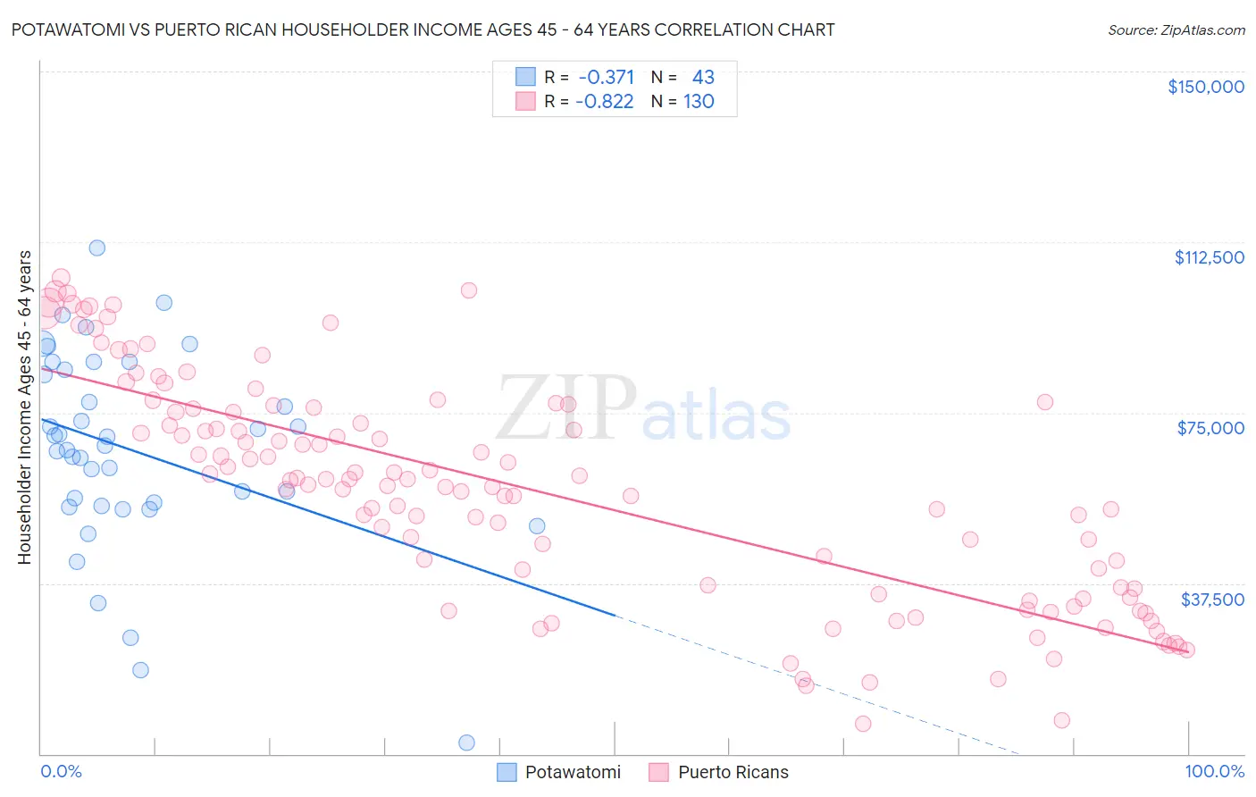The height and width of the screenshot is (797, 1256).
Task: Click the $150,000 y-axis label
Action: pyautogui.click(x=1205, y=87)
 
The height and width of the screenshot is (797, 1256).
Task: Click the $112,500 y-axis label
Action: pyautogui.click(x=1209, y=257)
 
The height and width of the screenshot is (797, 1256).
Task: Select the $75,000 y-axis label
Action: pyautogui.click(x=1210, y=428)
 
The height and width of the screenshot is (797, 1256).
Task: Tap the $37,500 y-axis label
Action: pyautogui.click(x=1212, y=600)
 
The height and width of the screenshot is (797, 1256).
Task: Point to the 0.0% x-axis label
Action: pyautogui.click(x=61, y=771)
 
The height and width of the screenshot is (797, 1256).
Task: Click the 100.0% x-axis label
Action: pyautogui.click(x=1214, y=771)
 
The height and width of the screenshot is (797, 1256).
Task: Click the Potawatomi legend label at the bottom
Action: pyautogui.click(x=573, y=772)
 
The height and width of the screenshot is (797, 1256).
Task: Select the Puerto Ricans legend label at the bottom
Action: pyautogui.click(x=733, y=772)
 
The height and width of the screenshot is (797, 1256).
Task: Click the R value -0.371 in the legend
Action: pyautogui.click(x=607, y=77)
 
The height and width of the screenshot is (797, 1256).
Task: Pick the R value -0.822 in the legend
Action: pyautogui.click(x=605, y=101)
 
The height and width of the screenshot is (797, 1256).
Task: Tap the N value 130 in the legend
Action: pyautogui.click(x=699, y=101)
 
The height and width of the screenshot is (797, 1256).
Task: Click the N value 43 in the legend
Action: pyautogui.click(x=703, y=77)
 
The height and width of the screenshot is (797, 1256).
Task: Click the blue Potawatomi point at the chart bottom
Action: pyautogui.click(x=466, y=742)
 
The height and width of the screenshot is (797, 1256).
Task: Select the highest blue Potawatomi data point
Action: pyautogui.click(x=97, y=247)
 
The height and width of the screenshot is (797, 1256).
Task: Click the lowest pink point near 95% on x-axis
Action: pyautogui.click(x=1061, y=720)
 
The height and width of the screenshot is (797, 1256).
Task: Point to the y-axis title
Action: pyautogui.click(x=24, y=407)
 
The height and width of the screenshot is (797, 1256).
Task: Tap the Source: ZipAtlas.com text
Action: pyautogui.click(x=1176, y=30)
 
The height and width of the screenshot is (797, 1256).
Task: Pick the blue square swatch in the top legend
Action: pyautogui.click(x=525, y=77)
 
